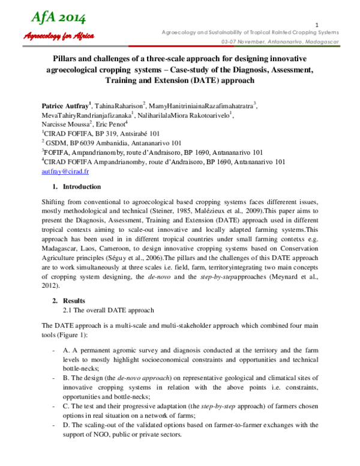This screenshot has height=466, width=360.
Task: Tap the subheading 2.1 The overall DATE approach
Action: coord(109,310)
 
